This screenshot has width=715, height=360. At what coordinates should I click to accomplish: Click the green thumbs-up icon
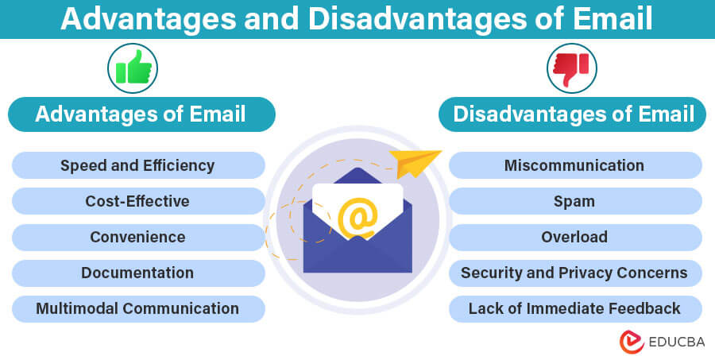133,68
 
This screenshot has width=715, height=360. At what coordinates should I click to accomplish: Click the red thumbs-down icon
571,69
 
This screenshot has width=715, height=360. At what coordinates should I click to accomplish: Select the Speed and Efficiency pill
138,165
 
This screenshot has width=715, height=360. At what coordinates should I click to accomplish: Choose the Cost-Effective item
138,201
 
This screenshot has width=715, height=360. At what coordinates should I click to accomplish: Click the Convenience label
138,238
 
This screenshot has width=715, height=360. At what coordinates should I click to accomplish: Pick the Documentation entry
138,273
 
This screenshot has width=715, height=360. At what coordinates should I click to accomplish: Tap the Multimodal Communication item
138,309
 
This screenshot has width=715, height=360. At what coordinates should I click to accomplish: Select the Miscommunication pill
575,165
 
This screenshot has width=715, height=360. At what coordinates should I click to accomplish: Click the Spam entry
575,201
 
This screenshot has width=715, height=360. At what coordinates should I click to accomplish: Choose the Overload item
575,238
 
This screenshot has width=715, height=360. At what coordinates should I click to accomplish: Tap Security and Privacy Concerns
575,273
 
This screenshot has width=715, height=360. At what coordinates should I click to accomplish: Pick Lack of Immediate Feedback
575,309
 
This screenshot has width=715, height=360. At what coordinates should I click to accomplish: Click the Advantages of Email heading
141,114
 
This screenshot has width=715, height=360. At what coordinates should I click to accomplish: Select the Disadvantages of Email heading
572,114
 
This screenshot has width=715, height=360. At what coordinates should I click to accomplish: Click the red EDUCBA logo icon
632,342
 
